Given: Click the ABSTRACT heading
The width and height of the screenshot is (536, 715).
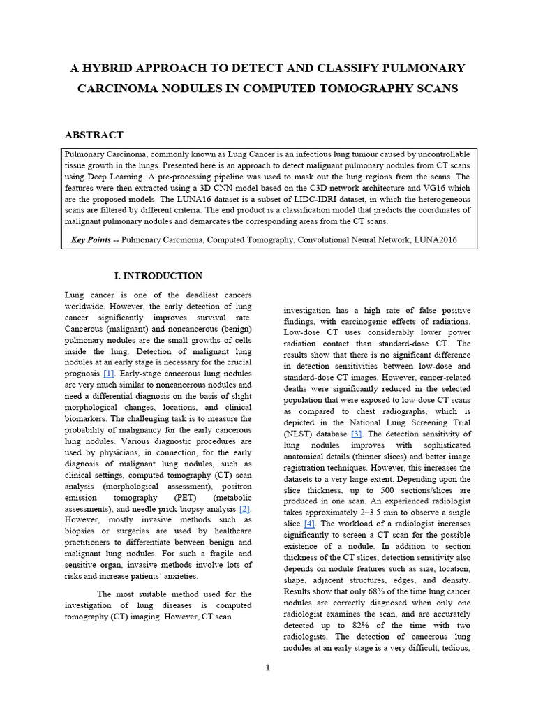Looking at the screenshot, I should coord(94,135).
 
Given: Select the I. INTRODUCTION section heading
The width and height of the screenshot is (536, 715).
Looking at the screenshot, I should coord(158,276).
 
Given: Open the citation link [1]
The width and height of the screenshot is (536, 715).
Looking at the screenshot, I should coord(108,374).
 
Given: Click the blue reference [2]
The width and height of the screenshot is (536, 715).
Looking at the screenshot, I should coord(244,508).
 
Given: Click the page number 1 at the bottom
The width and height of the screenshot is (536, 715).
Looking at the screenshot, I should coord(267,668).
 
